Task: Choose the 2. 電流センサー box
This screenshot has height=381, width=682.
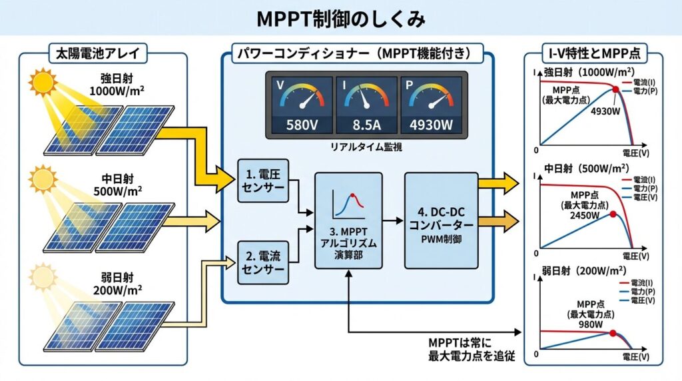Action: (262, 262)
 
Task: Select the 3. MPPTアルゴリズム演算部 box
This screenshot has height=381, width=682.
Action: (348, 220)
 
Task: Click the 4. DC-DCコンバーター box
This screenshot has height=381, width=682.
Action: (441, 220)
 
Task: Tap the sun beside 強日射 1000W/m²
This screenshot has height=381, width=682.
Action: (43, 83)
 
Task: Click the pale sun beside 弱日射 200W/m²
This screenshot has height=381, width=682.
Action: (43, 274)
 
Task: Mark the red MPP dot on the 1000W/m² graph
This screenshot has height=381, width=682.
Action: (615, 89)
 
